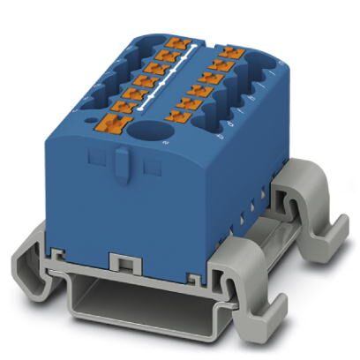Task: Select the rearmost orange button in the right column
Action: [x=230, y=53]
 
